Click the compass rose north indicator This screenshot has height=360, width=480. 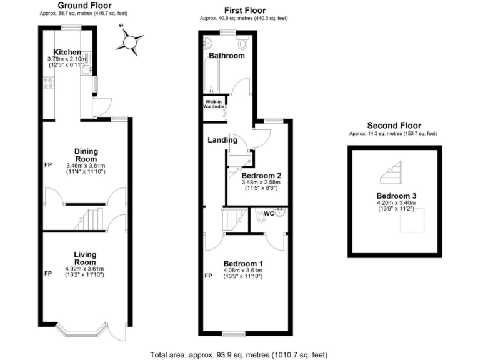coord(129,42)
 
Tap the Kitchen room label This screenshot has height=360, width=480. coord(67,52)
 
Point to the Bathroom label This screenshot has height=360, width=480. coord(226,56)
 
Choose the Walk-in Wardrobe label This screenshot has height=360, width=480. coord(213,104)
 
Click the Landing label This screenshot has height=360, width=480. coord(222,140)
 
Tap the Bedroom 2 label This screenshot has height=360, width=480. coord(261,176)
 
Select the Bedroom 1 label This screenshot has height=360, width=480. coord(243,262)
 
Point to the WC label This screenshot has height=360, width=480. coord(269,214)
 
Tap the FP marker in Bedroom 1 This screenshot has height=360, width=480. coord(208,276)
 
